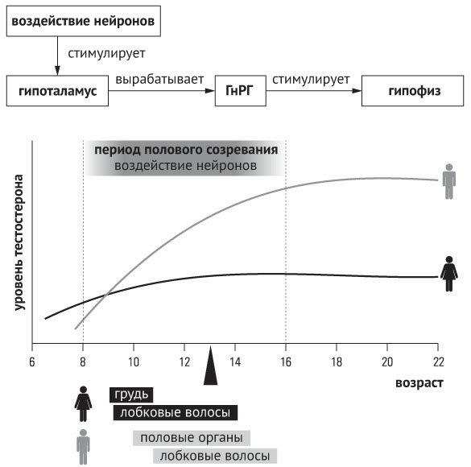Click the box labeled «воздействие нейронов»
click(84, 21)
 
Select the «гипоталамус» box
click(57, 91)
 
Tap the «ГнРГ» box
click(240, 91)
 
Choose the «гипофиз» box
click(412, 91)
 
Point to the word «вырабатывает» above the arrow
click(159, 80)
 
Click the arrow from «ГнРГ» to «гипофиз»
click(314, 91)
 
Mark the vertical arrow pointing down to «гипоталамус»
click(57, 56)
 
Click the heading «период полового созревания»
click(186, 150)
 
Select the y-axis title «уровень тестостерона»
click(19, 242)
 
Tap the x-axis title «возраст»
click(419, 383)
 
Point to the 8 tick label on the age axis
click(83, 362)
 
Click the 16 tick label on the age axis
click(286, 362)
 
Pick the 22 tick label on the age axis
click(438, 362)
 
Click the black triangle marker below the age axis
click(211, 366)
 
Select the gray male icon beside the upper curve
click(449, 181)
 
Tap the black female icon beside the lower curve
click(449, 274)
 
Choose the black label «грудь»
click(131, 395)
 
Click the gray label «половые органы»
click(192, 438)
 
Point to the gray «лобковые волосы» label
click(215, 456)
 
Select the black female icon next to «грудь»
click(83, 403)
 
